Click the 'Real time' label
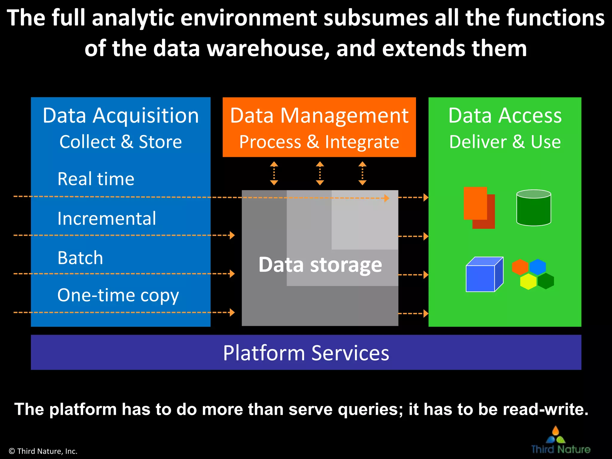click(96, 179)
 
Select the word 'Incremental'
click(107, 218)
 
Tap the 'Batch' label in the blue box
click(80, 258)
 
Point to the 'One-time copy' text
click(118, 295)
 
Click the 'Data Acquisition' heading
click(120, 115)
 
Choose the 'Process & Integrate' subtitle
click(319, 142)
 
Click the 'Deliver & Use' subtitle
click(505, 142)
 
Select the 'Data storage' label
click(320, 265)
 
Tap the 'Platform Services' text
click(306, 353)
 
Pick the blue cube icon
click(484, 275)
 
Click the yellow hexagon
click(528, 281)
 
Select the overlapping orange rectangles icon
click(479, 207)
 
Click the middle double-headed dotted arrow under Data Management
click(320, 173)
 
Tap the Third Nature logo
click(560, 441)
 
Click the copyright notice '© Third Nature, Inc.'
click(43, 451)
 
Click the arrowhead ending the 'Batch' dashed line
click(232, 274)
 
